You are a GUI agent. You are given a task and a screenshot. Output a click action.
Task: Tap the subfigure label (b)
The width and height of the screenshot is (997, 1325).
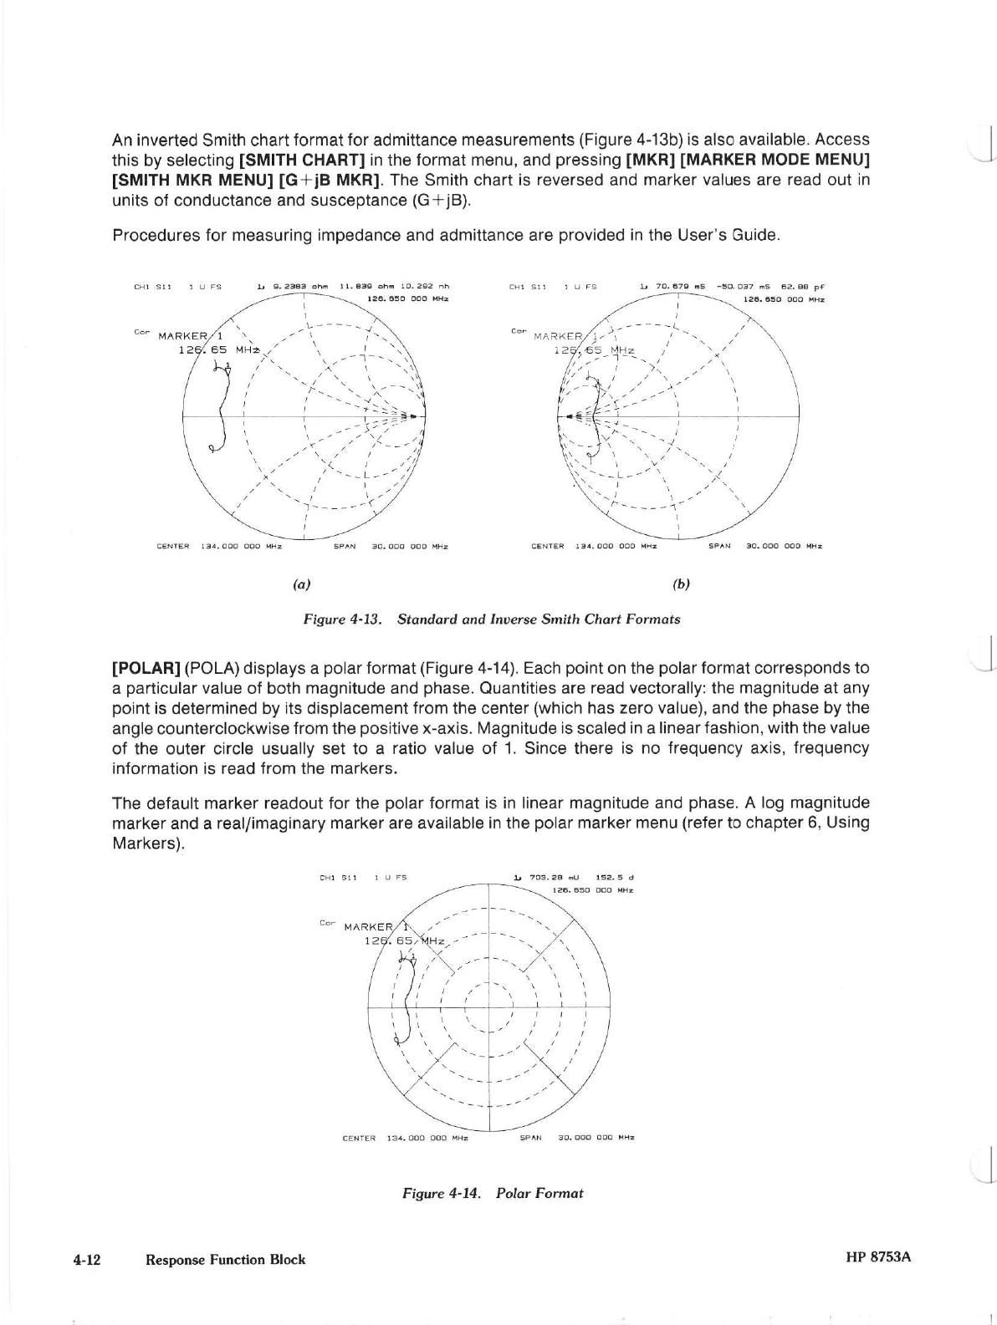[x=681, y=584]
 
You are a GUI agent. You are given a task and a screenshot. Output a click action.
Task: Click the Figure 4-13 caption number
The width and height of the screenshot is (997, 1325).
[x=342, y=619]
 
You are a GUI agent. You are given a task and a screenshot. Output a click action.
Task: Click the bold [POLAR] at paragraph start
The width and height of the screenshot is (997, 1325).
[x=146, y=668]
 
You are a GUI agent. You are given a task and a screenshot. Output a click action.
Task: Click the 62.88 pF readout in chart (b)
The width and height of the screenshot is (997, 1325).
[x=805, y=287]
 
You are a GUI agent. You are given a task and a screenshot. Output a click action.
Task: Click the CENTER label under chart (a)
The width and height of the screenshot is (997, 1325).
[x=173, y=547]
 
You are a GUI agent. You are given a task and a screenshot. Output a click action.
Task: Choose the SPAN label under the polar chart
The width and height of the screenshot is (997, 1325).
[x=531, y=1137]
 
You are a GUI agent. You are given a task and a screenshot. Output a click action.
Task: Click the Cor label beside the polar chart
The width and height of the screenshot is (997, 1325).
[x=327, y=923]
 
